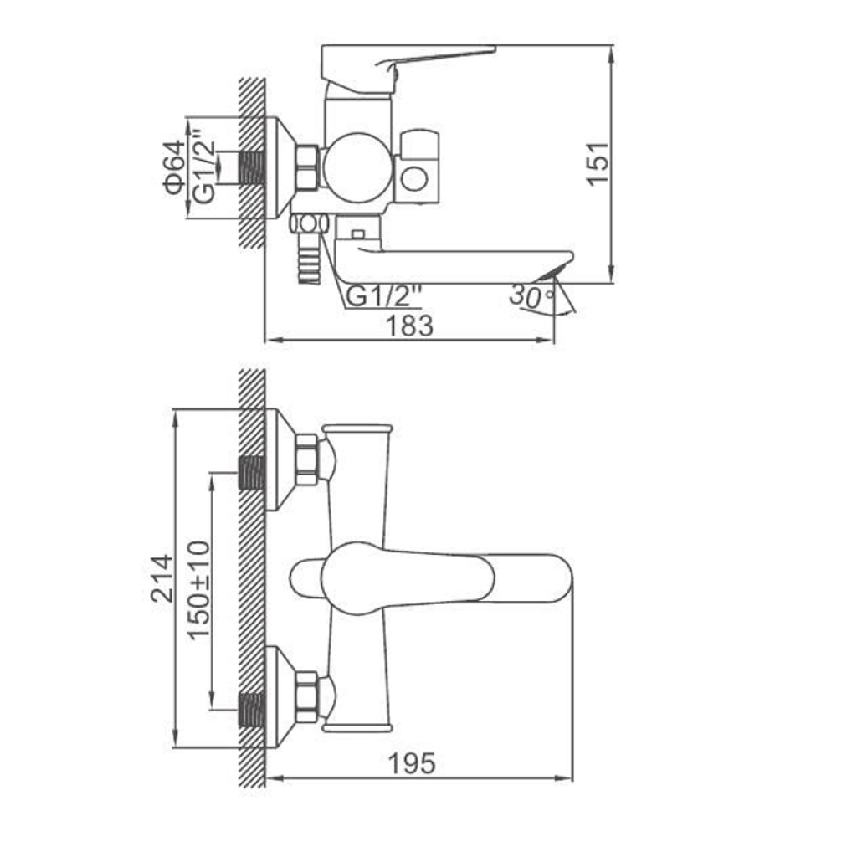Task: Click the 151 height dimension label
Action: [x=598, y=164]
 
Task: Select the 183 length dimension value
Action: [x=409, y=326]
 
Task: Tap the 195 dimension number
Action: [x=412, y=763]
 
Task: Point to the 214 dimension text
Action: [x=162, y=579]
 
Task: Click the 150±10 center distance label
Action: [x=198, y=590]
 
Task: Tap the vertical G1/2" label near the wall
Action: [x=205, y=167]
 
